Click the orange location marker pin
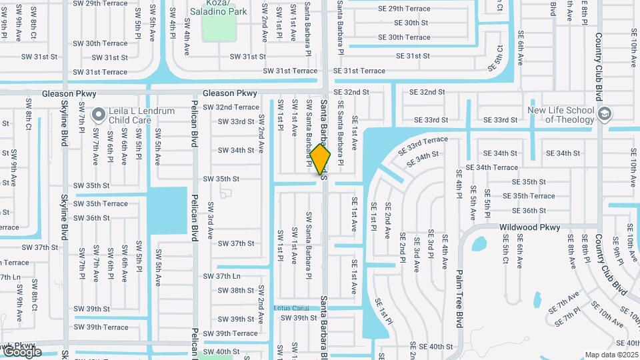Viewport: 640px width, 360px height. [x=321, y=159]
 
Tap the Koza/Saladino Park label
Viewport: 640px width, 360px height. [x=218, y=7]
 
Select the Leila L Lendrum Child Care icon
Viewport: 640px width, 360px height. [x=99, y=115]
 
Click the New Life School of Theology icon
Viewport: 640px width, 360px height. [x=604, y=113]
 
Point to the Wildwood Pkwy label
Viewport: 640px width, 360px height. [x=530, y=227]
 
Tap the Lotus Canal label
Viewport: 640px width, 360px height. [x=291, y=308]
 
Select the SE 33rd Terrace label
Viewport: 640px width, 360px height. [x=423, y=146]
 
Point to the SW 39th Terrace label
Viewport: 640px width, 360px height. [x=101, y=327]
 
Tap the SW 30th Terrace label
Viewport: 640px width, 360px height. [x=101, y=43]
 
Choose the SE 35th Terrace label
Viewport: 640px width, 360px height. [x=529, y=196]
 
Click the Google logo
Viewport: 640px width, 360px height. [x=22, y=351]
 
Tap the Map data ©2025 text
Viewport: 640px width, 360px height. [x=611, y=355]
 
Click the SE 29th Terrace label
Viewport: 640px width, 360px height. [x=405, y=9]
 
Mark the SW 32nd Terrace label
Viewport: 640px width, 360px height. [x=231, y=107]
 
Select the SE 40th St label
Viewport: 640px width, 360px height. [x=431, y=347]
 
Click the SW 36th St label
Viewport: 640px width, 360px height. [x=92, y=218]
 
